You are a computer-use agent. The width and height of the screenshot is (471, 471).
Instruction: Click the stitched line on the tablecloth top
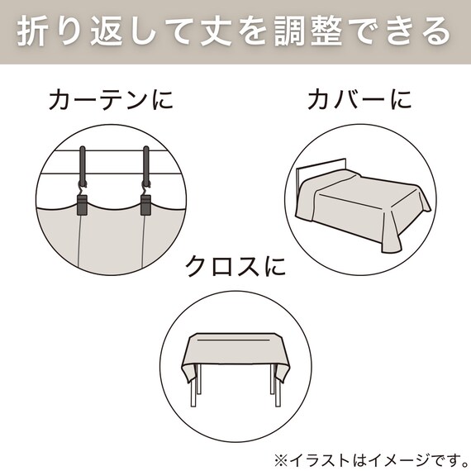click(x=235, y=338)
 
